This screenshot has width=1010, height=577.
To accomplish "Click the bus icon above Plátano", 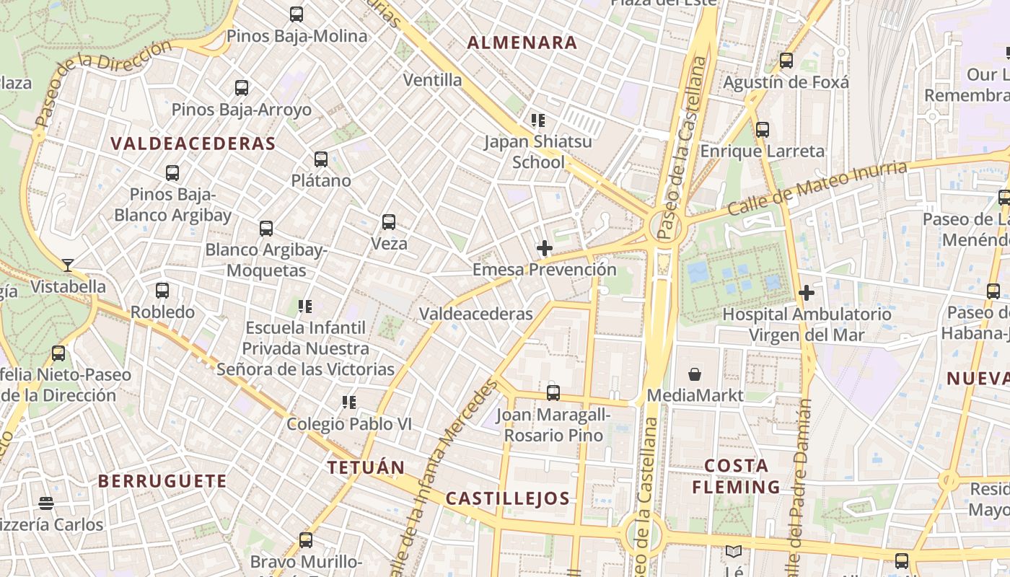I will tap(321, 159).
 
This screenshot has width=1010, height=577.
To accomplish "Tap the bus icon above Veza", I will tap(389, 222).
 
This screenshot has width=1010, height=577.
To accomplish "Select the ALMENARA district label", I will tap(522, 43).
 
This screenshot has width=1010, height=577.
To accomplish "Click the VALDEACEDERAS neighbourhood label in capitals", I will tap(193, 144).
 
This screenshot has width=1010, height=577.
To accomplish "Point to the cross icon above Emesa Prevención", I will tap(545, 249).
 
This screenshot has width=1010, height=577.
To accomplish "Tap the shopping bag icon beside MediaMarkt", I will tap(695, 374).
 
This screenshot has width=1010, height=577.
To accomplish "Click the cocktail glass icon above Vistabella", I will tap(68, 265).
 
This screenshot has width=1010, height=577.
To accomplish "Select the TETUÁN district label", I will tap(366, 467).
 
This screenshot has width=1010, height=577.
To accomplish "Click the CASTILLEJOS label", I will tap(508, 498).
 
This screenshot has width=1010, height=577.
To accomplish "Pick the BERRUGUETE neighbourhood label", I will tap(162, 481).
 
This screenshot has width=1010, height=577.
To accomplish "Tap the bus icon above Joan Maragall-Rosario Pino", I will tap(553, 393).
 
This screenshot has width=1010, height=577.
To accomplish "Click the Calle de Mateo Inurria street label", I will tap(817, 189).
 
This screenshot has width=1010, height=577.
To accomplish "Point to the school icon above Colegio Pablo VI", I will tap(350, 402).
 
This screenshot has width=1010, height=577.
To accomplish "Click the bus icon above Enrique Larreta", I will tap(763, 131).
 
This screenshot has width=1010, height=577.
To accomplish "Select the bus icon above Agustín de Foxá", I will tap(786, 61).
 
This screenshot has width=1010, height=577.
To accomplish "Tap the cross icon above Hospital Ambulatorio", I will tap(807, 293).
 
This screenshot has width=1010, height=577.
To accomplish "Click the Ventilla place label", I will tap(433, 80).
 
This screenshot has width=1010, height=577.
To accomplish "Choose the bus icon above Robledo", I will tap(162, 291).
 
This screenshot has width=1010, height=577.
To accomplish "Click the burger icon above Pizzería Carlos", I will tap(47, 503).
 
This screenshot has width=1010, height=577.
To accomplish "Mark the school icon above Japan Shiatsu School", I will tap(537, 120).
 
